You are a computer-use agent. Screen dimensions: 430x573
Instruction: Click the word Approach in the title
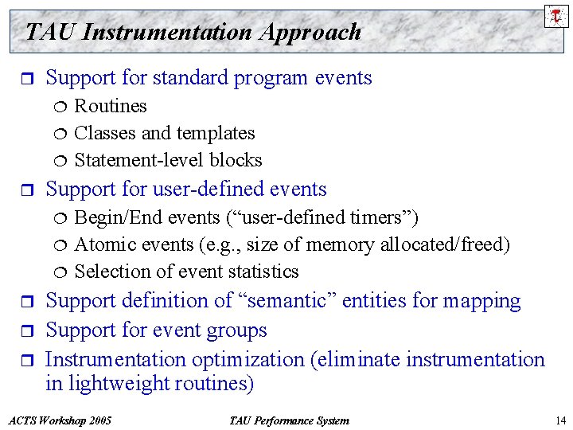point(316,33)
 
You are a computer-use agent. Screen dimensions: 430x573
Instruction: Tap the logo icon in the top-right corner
point(555,15)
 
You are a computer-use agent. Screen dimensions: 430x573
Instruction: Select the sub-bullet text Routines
point(111,106)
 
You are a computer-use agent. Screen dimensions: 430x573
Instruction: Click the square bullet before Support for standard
point(29,78)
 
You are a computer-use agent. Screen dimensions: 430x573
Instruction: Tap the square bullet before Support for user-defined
point(29,190)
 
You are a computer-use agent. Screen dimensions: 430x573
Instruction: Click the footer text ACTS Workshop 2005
point(59,420)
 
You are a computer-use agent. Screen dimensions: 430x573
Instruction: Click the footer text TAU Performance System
point(288,420)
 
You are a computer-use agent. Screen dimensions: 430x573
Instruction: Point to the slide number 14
point(559,420)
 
